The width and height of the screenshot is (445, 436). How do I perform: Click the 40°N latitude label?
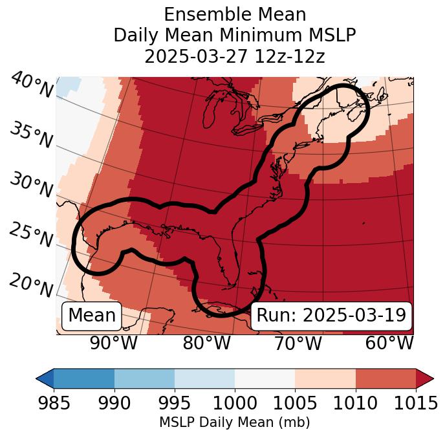pyautogui.click(x=32, y=86)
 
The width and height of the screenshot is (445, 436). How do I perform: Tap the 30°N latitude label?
pyautogui.click(x=30, y=186)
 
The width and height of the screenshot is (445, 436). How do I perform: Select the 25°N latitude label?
pyautogui.click(x=30, y=235)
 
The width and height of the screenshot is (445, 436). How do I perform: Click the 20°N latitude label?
pyautogui.click(x=30, y=285)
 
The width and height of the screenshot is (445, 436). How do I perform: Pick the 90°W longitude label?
pyautogui.click(x=113, y=343)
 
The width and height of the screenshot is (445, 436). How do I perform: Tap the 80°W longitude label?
pyautogui.click(x=206, y=343)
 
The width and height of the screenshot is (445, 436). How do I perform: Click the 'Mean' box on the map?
pyautogui.click(x=92, y=316)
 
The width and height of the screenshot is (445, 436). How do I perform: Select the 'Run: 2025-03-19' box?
pyautogui.click(x=331, y=316)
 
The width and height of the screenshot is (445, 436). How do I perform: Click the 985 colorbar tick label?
pyautogui.click(x=54, y=403)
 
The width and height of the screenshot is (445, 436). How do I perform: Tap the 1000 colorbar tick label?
pyautogui.click(x=235, y=403)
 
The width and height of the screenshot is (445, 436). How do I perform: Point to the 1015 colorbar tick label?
pyautogui.click(x=416, y=403)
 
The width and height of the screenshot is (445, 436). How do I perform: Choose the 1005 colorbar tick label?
pyautogui.click(x=295, y=403)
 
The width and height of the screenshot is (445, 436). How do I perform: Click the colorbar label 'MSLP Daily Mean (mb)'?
pyautogui.click(x=234, y=422)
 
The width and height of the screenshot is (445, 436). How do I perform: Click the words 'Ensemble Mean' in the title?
pyautogui.click(x=234, y=14)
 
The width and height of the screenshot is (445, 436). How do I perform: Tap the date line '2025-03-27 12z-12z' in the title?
pyautogui.click(x=234, y=56)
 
